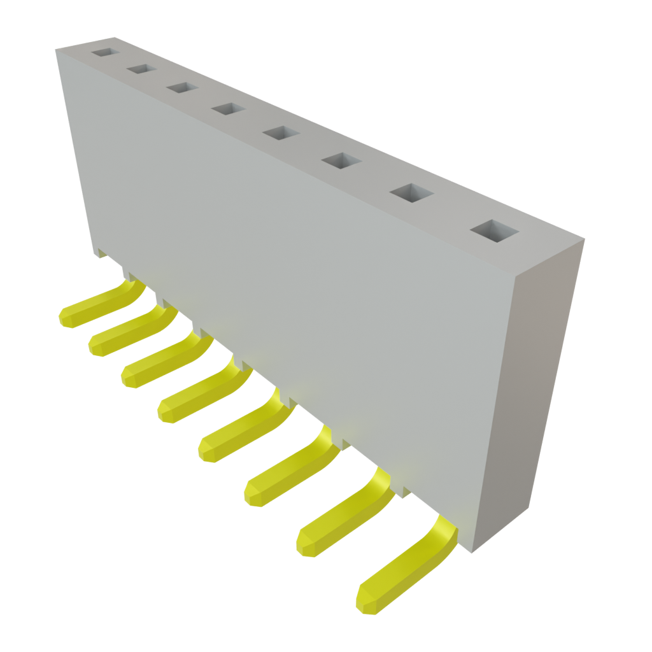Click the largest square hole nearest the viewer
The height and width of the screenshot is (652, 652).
coord(493,231)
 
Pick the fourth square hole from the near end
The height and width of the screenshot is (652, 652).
coord(280,133)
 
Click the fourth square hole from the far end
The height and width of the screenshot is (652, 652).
coord(229,109)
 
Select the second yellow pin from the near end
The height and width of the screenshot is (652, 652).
coord(344,516)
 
